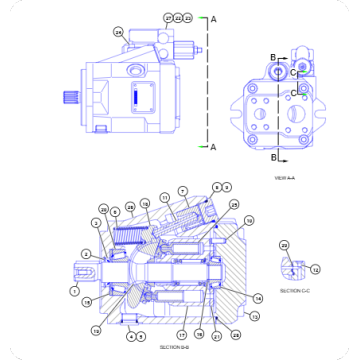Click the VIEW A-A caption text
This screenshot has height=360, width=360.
tap(285, 179)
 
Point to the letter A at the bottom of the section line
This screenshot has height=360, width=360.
tap(214, 147)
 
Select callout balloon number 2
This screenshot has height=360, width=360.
tap(86, 254)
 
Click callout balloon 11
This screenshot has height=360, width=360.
tap(164, 200)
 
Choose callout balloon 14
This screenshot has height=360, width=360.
tap(259, 298)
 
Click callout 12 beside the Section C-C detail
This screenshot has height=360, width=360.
tap(316, 269)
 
